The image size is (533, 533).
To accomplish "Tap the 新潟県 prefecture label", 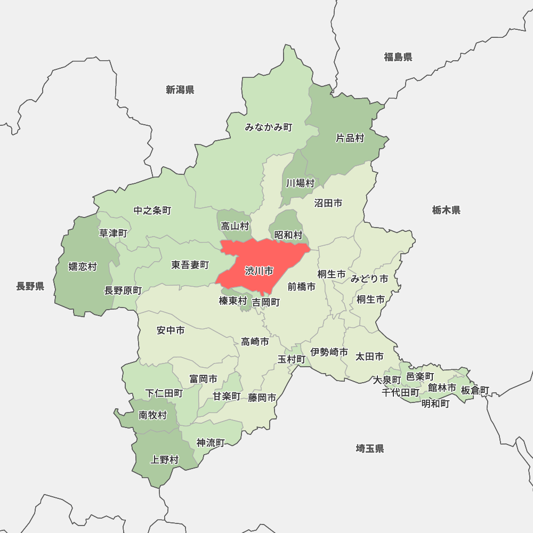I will [x=180, y=90].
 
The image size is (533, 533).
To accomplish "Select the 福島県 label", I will [x=398, y=57].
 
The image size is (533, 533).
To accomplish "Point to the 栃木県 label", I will [x=446, y=210].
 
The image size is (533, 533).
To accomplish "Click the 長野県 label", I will [x=30, y=287].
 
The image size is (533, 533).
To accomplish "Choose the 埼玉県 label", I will [x=370, y=448].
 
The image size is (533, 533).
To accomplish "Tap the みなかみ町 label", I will [x=269, y=127].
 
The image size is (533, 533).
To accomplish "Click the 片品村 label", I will [x=350, y=139].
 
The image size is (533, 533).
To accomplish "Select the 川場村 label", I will [x=300, y=183].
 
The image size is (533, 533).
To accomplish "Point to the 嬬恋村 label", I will [x=83, y=266].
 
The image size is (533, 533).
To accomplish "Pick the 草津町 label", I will [x=114, y=233].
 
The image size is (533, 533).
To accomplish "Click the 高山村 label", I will [x=235, y=227].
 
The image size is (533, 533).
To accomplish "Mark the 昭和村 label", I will [x=288, y=235].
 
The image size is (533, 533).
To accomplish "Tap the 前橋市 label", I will [x=302, y=287].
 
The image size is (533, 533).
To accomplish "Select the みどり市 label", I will [x=369, y=279].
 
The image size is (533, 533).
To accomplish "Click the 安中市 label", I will [x=171, y=330].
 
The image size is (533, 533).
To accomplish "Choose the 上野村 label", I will [x=165, y=459].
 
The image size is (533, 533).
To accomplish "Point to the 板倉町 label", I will [x=475, y=391].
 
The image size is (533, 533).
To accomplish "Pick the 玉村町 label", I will [x=292, y=359].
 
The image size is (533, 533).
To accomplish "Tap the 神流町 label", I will [x=211, y=442].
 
